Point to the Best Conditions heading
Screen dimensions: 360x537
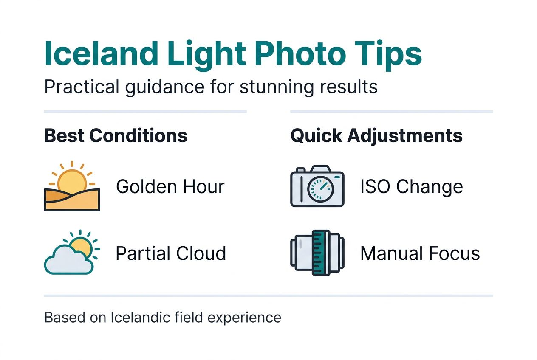(116, 136)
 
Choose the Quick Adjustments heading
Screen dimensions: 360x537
(376, 136)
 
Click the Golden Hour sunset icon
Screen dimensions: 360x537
(72, 186)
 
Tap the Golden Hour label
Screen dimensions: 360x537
(170, 186)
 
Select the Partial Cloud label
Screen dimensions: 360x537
(171, 253)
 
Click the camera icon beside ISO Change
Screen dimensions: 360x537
(317, 186)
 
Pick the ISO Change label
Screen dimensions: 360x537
(411, 186)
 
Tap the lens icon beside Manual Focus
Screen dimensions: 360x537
(317, 253)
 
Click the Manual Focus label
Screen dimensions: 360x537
(420, 253)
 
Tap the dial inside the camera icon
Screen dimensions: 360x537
(321, 189)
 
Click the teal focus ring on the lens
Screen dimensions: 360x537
(321, 253)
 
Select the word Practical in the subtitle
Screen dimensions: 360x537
(81, 87)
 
